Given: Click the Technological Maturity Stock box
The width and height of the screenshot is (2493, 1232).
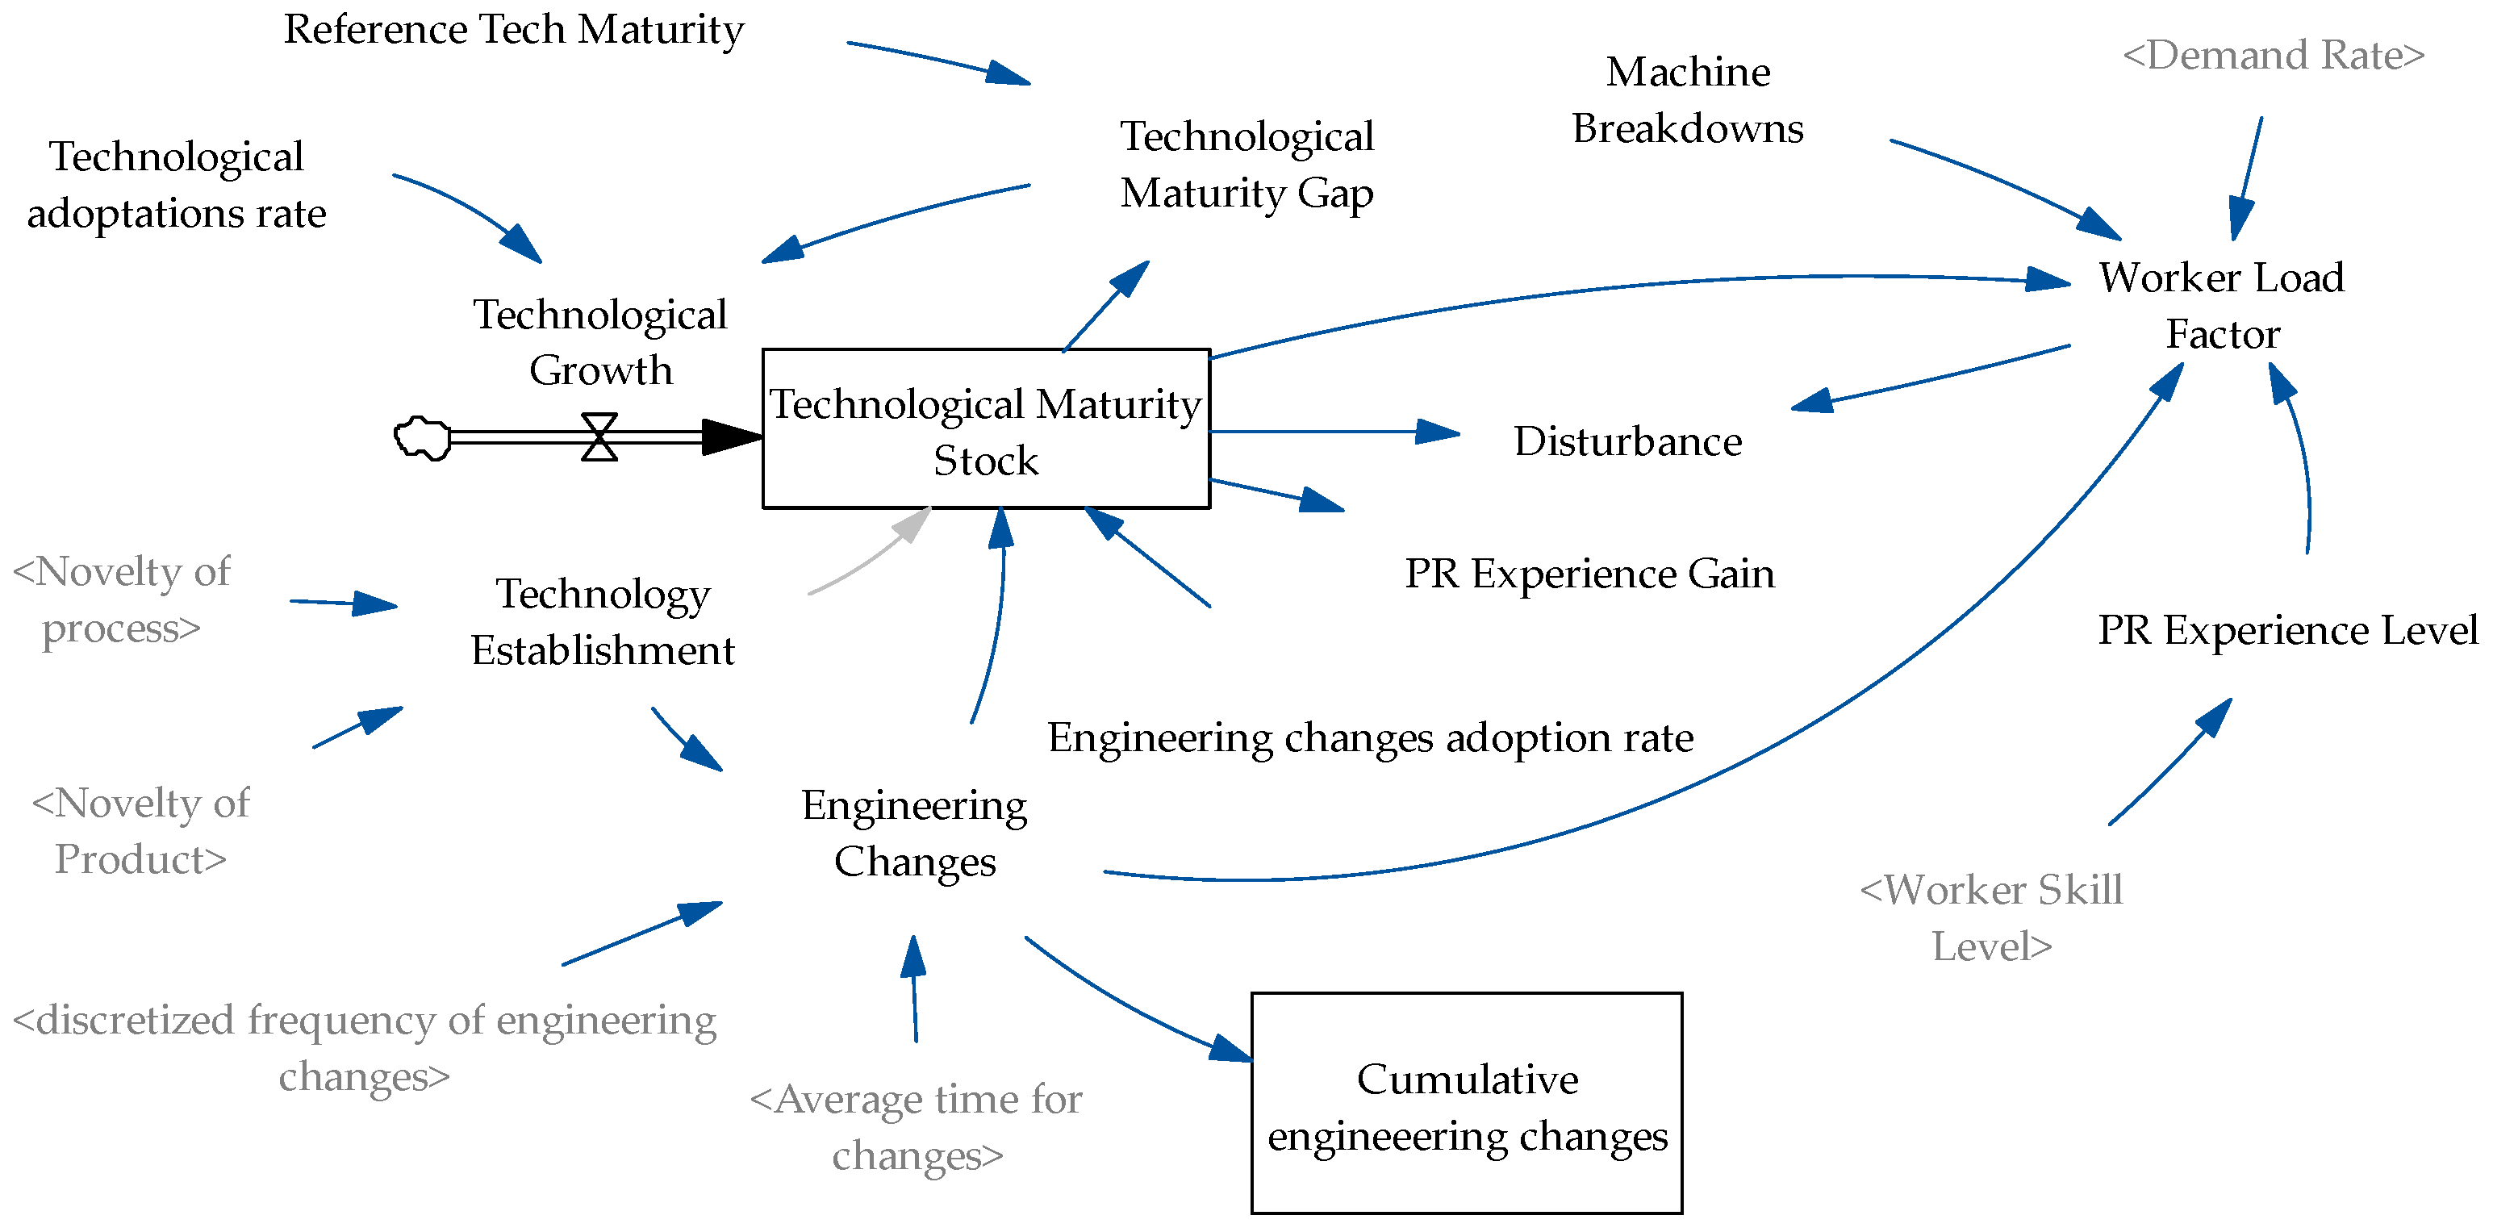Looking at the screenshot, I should tap(985, 428).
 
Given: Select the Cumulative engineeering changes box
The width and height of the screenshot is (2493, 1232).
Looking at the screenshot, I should tap(1466, 1103).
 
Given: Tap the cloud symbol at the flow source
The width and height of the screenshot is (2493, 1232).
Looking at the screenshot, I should tap(423, 437).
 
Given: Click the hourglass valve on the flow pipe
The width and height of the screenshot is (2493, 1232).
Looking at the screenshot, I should tap(599, 436).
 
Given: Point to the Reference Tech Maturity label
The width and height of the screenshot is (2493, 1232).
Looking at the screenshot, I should tap(513, 29).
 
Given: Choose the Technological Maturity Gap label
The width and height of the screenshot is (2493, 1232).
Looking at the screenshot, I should tap(1246, 165).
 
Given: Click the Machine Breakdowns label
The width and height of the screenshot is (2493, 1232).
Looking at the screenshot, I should tap(1687, 100).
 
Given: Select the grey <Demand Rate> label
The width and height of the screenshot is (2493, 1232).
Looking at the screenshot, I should tap(2274, 55).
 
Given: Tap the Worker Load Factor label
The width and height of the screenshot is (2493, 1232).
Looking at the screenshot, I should tap(2221, 305).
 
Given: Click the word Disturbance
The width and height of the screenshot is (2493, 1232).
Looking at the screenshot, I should tap(1628, 441).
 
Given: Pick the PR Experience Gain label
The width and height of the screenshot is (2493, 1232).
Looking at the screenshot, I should tap(1589, 574).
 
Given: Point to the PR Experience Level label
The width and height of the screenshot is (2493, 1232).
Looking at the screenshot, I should tap(2286, 630).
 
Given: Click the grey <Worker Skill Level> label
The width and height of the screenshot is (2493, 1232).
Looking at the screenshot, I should tap(1990, 917).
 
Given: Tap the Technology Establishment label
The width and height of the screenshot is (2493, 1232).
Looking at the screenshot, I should tap(602, 621).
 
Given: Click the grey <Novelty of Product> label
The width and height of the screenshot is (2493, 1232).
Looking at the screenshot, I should tap(140, 830).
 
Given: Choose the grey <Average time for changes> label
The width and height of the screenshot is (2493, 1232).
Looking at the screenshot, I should tap(916, 1126).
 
